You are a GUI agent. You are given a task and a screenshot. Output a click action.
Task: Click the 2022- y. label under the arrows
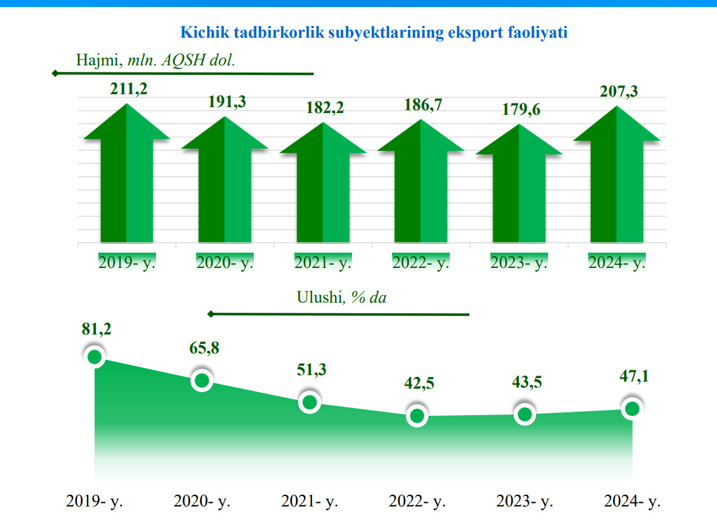point(420,262)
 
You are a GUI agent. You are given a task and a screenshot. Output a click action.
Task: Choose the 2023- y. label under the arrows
point(519,262)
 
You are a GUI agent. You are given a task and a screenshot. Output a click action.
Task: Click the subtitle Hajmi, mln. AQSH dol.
point(155,59)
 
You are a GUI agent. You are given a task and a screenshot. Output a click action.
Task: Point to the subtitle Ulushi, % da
point(341,297)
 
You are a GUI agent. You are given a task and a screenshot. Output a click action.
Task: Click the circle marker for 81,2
point(95,356)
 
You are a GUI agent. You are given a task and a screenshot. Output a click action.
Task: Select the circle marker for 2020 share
point(202,380)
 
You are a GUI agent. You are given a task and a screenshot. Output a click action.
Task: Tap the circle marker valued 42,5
point(417,416)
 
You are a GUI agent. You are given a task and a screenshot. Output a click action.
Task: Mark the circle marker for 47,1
point(632,409)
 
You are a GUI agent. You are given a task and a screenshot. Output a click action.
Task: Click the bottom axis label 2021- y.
point(310,502)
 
